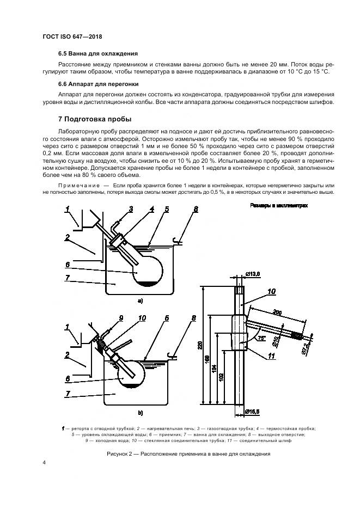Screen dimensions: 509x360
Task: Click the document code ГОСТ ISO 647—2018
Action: (x=72, y=36)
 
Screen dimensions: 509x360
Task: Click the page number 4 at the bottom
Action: (x=45, y=463)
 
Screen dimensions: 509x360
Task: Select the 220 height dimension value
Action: (x=200, y=345)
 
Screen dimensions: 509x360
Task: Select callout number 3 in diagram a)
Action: (x=131, y=209)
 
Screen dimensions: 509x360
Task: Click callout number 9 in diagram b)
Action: (x=121, y=317)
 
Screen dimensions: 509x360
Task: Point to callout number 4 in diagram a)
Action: (x=152, y=209)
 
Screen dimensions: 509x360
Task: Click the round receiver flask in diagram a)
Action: (x=147, y=269)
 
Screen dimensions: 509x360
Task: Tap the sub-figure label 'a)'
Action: (x=141, y=300)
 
